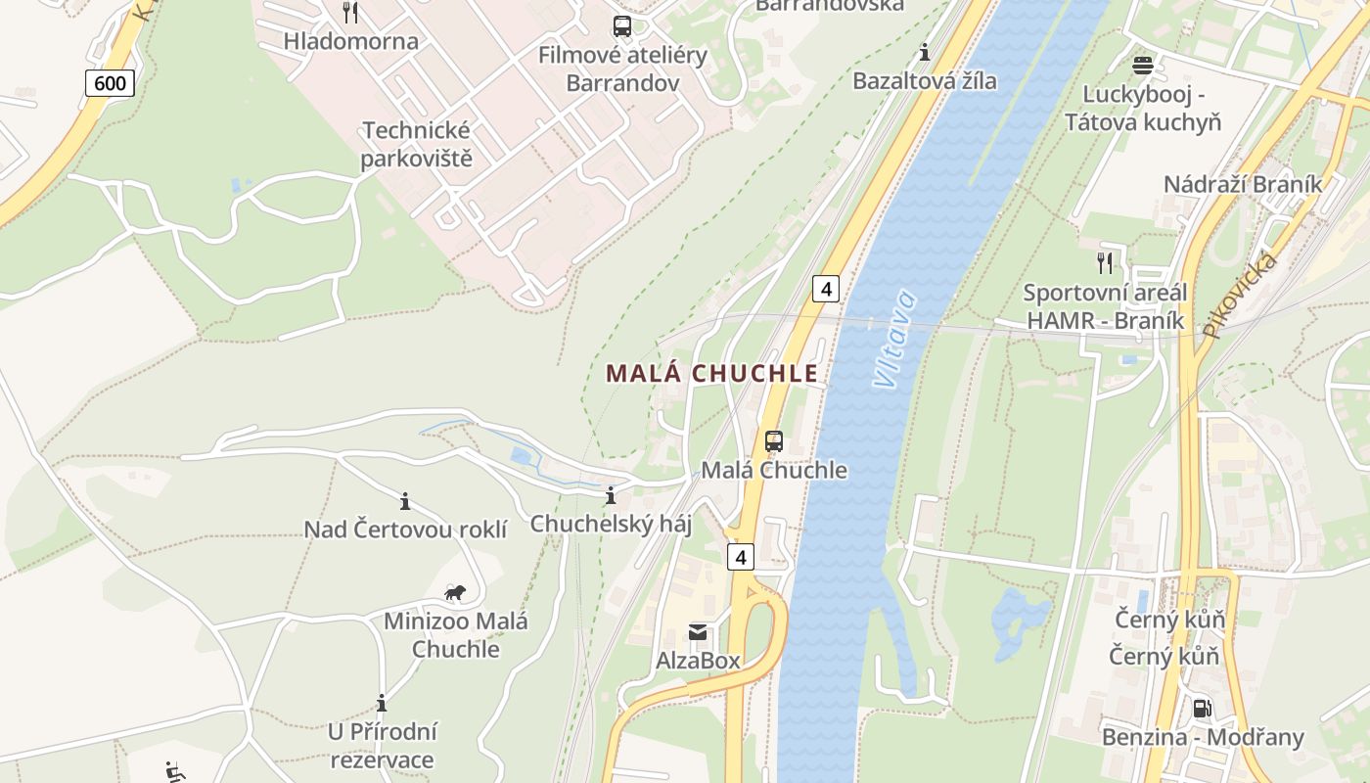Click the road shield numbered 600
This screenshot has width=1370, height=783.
click(x=110, y=83)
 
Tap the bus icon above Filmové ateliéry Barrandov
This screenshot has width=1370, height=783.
click(x=622, y=26)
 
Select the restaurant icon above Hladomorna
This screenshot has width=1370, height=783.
click(x=350, y=13)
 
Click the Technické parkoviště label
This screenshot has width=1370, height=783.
click(x=416, y=144)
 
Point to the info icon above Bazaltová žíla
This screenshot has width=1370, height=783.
click(x=924, y=52)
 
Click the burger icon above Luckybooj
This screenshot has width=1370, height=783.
click(x=1142, y=66)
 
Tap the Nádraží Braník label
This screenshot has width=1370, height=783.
click(x=1242, y=184)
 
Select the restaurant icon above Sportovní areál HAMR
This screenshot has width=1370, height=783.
click(x=1105, y=262)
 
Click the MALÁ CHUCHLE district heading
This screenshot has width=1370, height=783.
click(x=711, y=374)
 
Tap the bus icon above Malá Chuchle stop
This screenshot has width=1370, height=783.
click(x=773, y=441)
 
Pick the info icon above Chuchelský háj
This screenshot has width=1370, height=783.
click(x=611, y=496)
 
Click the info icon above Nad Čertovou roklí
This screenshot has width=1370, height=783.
click(x=405, y=502)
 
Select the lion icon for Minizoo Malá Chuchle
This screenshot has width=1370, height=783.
click(x=455, y=592)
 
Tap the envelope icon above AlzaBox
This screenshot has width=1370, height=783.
click(x=698, y=632)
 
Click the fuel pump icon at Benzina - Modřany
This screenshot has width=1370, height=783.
click(x=1202, y=708)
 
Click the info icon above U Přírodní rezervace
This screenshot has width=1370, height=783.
click(x=382, y=704)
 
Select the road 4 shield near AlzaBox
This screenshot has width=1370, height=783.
click(x=741, y=557)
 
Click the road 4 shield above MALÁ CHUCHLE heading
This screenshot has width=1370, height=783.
click(x=826, y=289)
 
